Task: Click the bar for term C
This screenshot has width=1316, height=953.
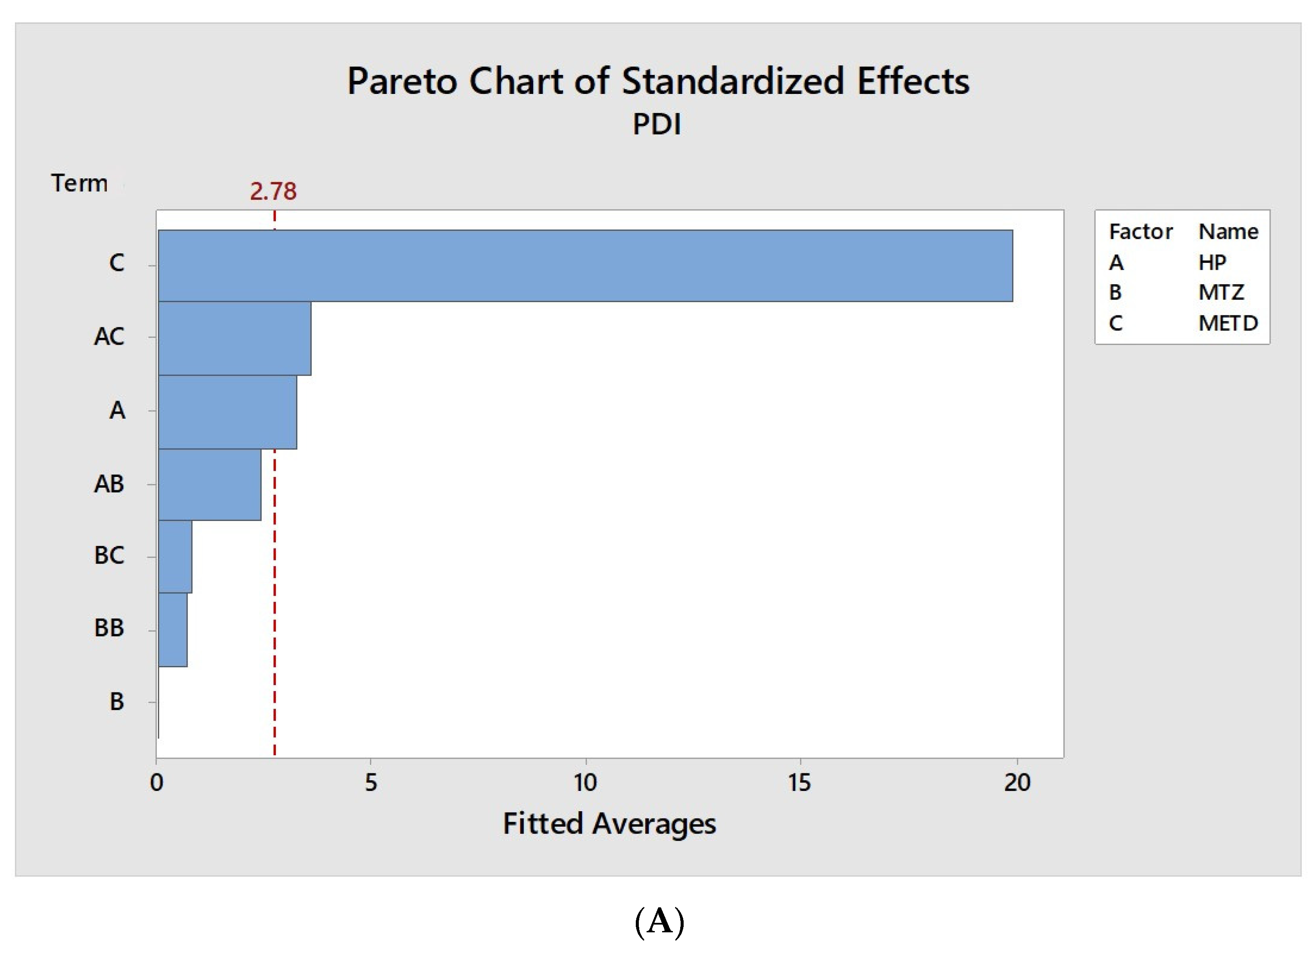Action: click(585, 266)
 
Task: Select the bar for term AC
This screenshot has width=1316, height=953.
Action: click(234, 338)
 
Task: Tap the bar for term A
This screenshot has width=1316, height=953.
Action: click(228, 412)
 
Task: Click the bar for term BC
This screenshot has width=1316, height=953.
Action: click(175, 556)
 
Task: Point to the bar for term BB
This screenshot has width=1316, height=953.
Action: click(172, 629)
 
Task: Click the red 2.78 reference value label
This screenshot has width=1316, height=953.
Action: click(273, 191)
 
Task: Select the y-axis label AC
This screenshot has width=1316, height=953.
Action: click(109, 336)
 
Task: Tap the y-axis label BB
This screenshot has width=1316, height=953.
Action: click(109, 628)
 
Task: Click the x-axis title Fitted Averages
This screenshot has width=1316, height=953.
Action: click(609, 824)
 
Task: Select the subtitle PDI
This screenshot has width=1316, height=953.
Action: click(657, 124)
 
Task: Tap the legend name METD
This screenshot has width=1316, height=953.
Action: click(1228, 323)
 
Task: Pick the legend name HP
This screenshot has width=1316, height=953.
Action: click(1212, 263)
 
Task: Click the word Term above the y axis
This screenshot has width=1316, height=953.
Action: click(79, 183)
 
